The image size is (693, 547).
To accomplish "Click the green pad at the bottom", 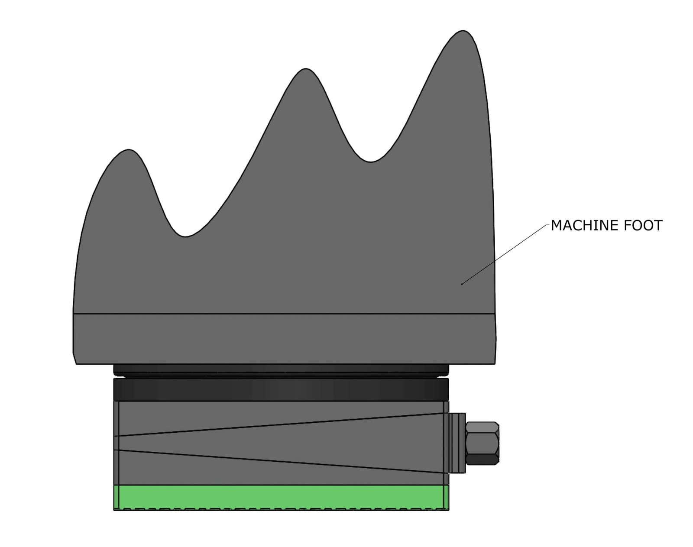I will (282, 496).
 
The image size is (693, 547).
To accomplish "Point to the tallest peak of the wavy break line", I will (463, 32).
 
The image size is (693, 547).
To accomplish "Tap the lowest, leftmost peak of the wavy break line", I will (128, 151).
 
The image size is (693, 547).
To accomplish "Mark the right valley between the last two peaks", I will (370, 162).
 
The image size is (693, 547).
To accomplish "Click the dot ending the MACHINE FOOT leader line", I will (462, 284).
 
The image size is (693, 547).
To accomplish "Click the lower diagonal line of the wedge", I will (282, 461).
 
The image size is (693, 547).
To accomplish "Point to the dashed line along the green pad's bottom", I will (282, 508).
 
